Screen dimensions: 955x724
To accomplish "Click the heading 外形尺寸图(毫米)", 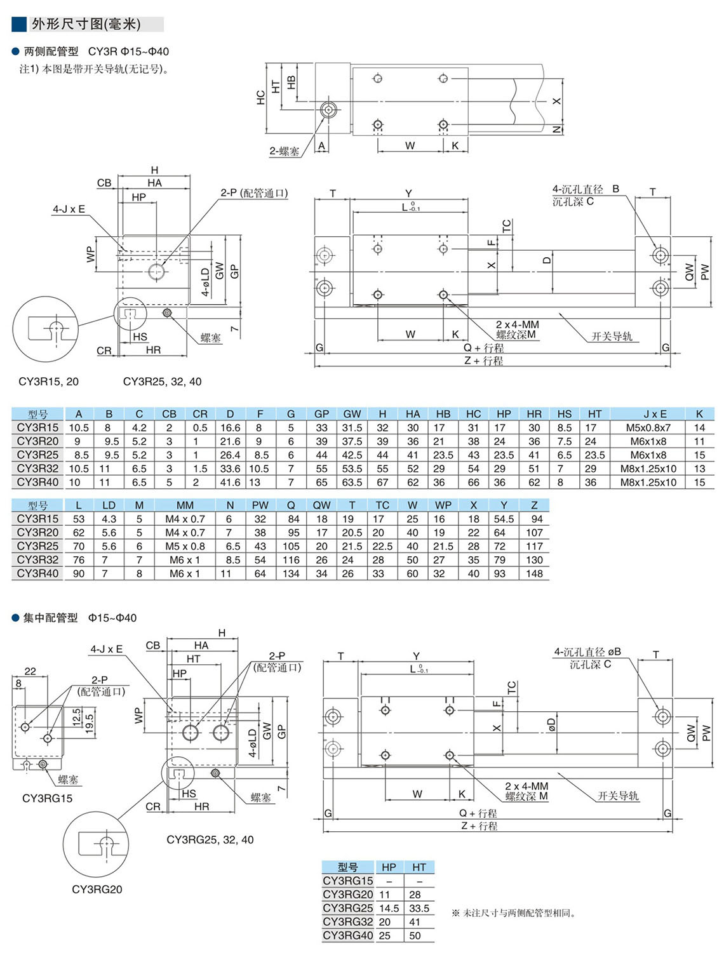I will [x=86, y=24].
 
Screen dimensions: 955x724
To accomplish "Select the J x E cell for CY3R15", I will [x=648, y=428].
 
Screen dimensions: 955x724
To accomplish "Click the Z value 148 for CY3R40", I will [x=534, y=573].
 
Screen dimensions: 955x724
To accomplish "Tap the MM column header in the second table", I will [x=185, y=505].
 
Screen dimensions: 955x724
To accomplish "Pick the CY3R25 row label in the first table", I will [x=38, y=455].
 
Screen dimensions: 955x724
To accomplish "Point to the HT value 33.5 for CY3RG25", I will [x=419, y=909].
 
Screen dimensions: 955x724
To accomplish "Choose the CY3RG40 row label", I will [x=348, y=936].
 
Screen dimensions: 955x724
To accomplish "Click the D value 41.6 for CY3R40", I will [x=230, y=483].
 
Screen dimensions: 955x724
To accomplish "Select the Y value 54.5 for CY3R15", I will [x=504, y=519].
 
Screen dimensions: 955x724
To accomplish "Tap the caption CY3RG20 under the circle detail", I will [x=97, y=890].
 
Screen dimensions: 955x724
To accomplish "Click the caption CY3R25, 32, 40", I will [x=162, y=382].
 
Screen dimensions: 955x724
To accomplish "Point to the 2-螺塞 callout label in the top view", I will [x=284, y=151].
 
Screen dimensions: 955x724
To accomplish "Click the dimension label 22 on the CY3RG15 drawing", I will [x=30, y=671].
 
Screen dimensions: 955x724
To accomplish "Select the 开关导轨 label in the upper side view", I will [x=612, y=336].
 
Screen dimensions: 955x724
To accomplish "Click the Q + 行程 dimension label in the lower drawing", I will [x=478, y=813].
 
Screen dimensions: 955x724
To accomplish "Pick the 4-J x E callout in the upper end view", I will [x=69, y=209].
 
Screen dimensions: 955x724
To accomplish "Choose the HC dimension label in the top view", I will [x=260, y=98].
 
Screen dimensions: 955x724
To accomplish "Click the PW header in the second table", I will [x=260, y=505].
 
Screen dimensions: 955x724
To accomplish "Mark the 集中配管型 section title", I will [x=51, y=618].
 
